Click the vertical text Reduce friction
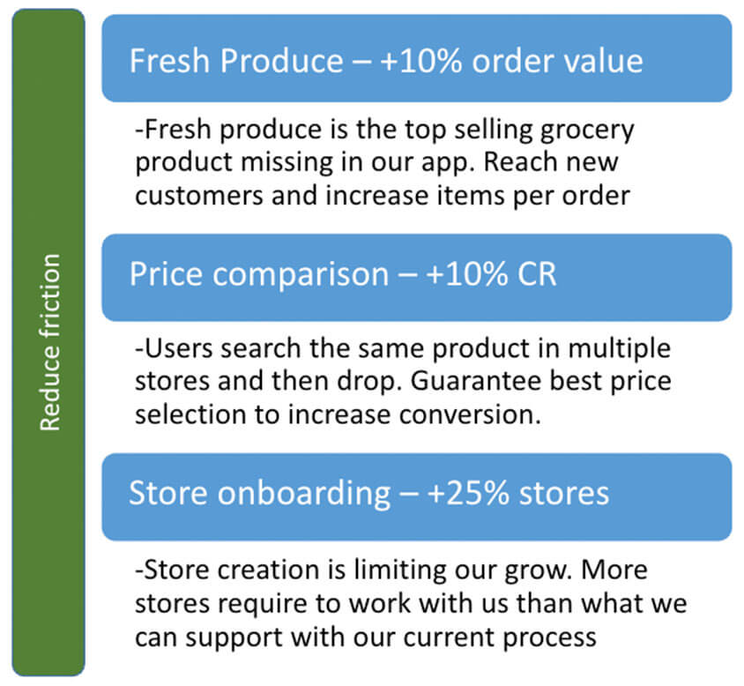pos(50,342)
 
